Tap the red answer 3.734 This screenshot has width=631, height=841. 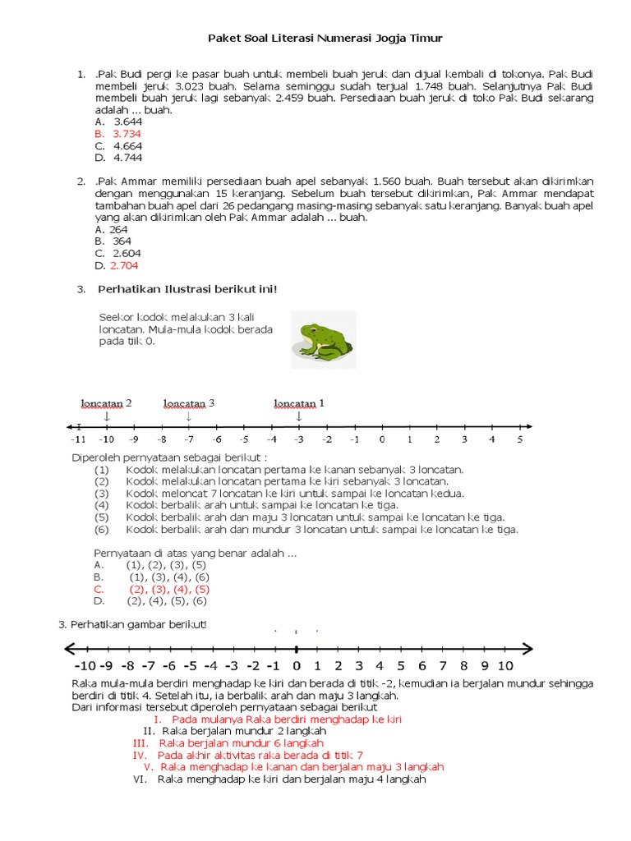(127, 133)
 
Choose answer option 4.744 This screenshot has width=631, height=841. (127, 157)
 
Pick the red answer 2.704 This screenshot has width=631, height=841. (124, 265)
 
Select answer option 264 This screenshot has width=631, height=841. (118, 230)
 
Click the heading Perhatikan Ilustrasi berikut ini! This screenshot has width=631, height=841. (187, 289)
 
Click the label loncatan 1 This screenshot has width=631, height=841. (299, 403)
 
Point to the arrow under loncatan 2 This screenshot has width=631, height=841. (107, 416)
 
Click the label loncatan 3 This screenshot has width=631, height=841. (189, 403)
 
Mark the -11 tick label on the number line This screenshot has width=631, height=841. (78, 440)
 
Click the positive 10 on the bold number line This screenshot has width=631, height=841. (505, 665)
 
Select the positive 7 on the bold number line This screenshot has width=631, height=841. (443, 665)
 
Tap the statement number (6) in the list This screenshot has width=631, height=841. (102, 530)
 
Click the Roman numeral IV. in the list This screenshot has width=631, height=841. (140, 754)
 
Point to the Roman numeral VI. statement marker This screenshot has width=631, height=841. (140, 779)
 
